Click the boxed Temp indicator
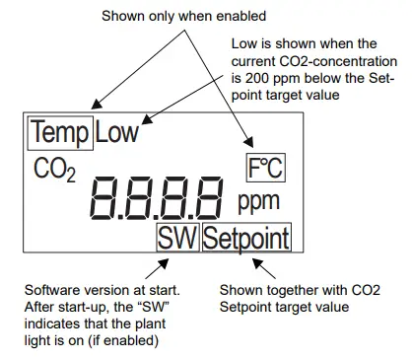coord(59,131)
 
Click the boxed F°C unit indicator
coord(263,169)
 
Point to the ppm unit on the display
coord(258,203)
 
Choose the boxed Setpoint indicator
coord(245,238)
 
